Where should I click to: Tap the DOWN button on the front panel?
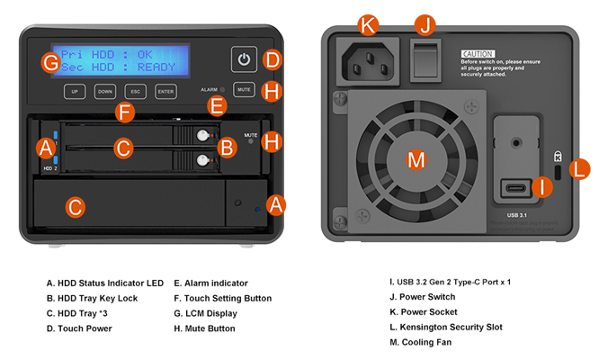(105, 91)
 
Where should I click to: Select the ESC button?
(135, 91)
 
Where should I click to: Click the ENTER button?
(165, 91)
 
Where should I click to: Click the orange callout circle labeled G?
(50, 63)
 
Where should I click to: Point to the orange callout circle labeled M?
(416, 160)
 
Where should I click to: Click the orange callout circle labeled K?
(366, 25)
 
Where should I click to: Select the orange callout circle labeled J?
(426, 25)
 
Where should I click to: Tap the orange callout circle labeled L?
(580, 166)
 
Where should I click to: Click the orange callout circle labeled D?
(273, 60)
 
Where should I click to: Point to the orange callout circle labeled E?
(216, 106)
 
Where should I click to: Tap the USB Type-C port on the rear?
(516, 189)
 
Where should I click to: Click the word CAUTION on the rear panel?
(478, 54)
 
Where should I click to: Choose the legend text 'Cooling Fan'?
(418, 342)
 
